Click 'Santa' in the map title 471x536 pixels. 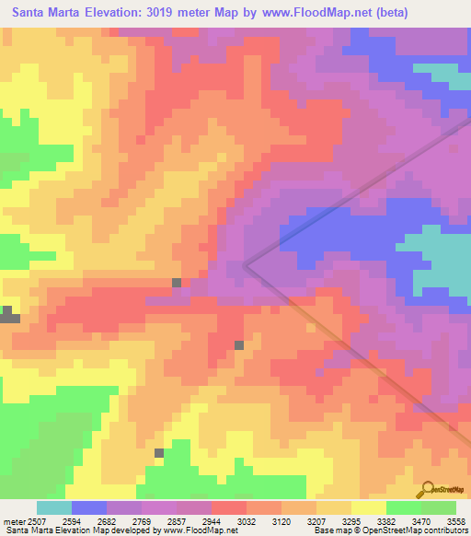pyautogui.click(x=30, y=12)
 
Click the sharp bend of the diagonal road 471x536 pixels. pyautogui.click(x=245, y=265)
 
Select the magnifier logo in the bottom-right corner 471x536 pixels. pyautogui.click(x=427, y=489)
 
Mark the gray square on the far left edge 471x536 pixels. pyautogui.click(x=8, y=314)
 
